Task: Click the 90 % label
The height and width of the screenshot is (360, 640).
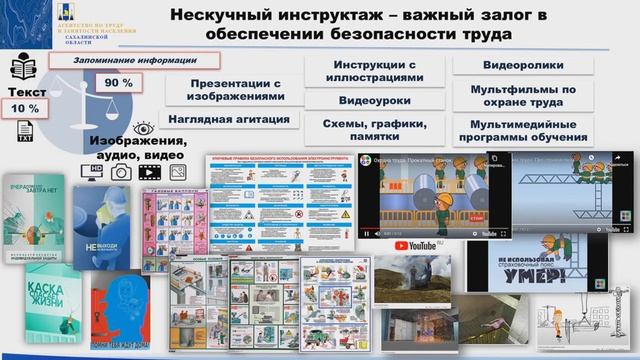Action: tap(120, 82)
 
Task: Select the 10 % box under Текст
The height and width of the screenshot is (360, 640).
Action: tap(26, 107)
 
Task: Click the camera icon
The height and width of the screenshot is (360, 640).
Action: tap(122, 172)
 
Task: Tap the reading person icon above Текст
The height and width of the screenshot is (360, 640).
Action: tap(25, 68)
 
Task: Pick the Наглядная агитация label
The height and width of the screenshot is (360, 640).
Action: tap(229, 119)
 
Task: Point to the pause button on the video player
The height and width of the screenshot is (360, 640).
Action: tap(367, 233)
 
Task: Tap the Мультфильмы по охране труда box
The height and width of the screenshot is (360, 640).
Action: tap(523, 96)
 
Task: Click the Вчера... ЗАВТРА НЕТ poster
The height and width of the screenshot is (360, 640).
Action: tap(33, 216)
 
